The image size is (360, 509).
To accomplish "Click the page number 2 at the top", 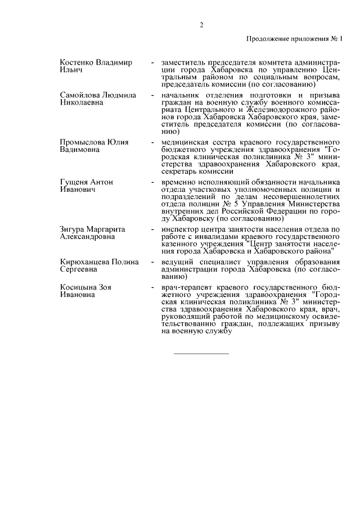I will coord(201,25).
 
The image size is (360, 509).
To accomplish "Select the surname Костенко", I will coord(76,62).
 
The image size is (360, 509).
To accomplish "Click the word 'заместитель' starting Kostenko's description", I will coord(184,62).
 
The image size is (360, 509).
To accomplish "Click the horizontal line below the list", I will coord(201,354).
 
